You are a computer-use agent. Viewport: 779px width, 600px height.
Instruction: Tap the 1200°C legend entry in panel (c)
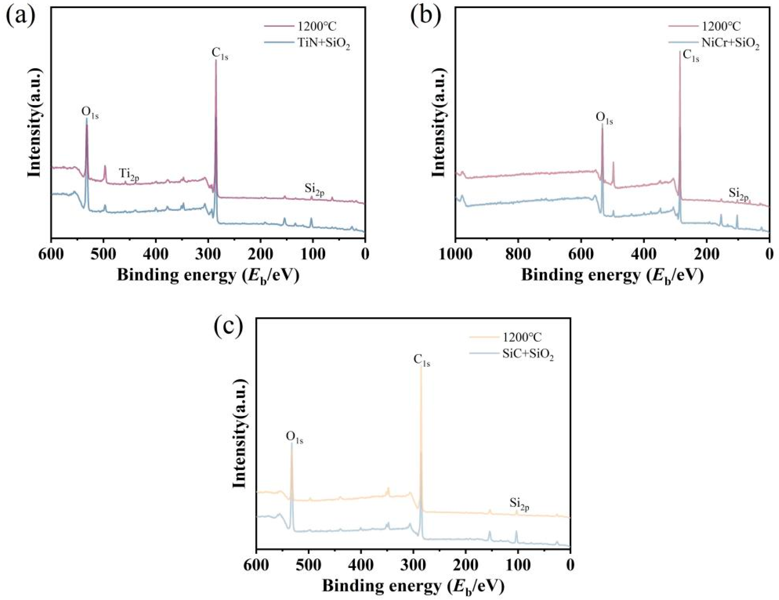coord(522,337)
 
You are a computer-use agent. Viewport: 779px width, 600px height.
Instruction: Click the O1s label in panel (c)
coord(294,437)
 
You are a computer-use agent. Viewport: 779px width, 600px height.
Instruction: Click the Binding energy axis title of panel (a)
coord(208,276)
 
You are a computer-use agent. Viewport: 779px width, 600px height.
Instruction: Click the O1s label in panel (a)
coord(90,112)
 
